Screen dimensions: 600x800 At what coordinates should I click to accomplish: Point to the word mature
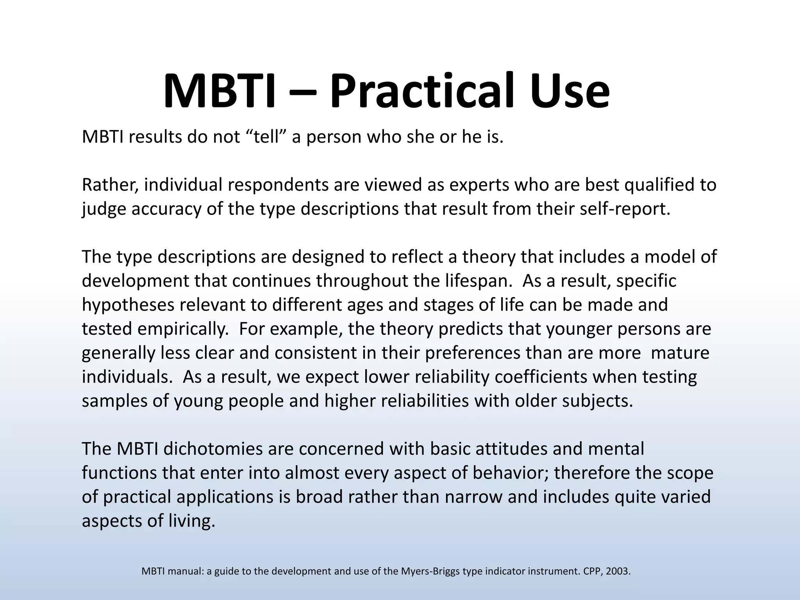(680, 353)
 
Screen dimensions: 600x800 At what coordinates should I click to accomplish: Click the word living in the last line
(191, 521)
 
